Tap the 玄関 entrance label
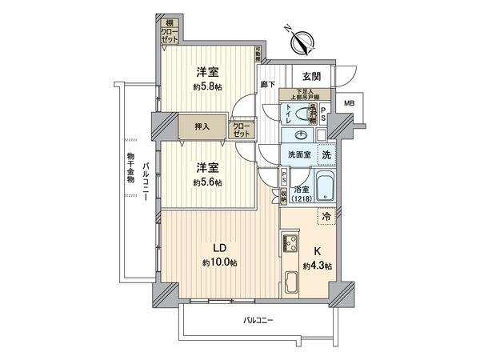point(312,77)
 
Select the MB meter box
point(349,103)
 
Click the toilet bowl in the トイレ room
point(305,114)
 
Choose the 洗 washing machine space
point(326,154)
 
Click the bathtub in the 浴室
point(325,187)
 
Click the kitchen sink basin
point(290,282)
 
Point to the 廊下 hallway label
point(268,83)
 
